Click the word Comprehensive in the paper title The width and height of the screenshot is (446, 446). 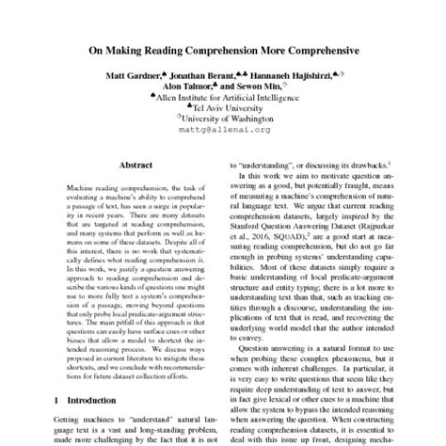click(x=301, y=54)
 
